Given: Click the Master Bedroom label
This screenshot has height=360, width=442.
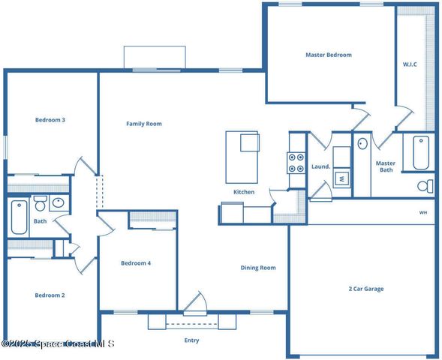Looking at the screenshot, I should click(328, 55).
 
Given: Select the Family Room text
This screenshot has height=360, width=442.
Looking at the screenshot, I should click(143, 124).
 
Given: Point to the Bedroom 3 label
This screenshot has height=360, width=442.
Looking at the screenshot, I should click(50, 119).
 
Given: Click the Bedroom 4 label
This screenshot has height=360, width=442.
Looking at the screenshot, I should click(136, 263).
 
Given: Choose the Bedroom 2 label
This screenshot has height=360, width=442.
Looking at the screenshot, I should click(50, 295).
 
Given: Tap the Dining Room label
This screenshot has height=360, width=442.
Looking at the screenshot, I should click(257, 268).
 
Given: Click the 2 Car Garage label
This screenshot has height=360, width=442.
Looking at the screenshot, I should click(366, 288).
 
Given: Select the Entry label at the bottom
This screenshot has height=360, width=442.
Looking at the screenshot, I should click(192, 340).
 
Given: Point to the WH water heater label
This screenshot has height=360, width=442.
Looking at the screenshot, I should click(423, 212).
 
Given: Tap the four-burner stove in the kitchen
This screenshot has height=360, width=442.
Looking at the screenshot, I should click(296, 163).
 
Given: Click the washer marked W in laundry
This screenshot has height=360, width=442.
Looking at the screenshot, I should click(341, 178).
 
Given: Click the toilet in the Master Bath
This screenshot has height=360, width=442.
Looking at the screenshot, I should click(425, 185).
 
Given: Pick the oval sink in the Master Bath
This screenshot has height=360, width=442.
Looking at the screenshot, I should click(362, 143).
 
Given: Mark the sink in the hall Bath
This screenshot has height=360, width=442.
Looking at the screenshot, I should click(58, 202).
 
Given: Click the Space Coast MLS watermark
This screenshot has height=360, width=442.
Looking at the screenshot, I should click(58, 344).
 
